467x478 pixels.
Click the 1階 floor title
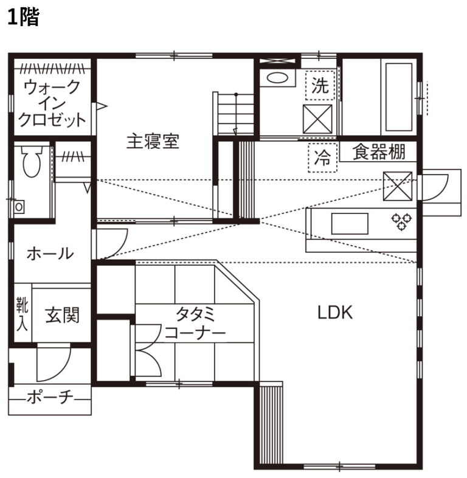coord(23,18)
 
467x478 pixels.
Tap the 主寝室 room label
coord(153,142)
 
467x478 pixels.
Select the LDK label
coord(335,313)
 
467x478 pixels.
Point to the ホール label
coord(50,254)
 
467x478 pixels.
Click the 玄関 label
coord(63,315)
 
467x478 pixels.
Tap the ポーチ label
coord(50,398)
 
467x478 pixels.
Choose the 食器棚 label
coord(379,151)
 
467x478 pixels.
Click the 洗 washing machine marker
coord(320,85)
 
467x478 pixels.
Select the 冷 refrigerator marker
coord(322,158)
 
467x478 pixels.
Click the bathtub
coord(399,97)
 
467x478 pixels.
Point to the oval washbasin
coord(277,78)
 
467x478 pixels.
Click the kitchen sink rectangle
coord(350,224)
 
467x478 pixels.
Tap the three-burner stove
coord(401,221)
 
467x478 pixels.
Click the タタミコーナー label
coord(195,323)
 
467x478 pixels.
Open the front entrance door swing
coord(54,363)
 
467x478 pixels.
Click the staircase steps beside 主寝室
coord(236,114)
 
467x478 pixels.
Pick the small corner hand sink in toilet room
coord(19,207)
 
